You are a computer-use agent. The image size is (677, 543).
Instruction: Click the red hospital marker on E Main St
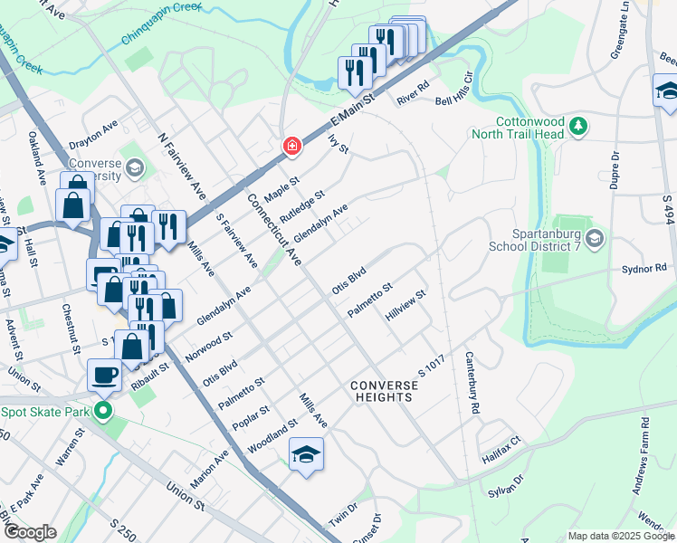(x=291, y=145)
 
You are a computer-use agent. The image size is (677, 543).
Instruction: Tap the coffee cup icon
(x=104, y=374)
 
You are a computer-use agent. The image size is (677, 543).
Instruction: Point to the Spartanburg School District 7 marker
(x=595, y=238)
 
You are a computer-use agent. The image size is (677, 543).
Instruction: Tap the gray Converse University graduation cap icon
(x=134, y=167)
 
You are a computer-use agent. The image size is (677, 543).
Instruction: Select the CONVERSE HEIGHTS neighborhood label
(x=385, y=391)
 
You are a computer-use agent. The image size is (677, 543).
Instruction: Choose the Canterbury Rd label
(x=472, y=384)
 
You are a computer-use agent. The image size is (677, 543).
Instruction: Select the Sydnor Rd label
(x=644, y=270)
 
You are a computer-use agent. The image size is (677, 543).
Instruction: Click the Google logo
(x=30, y=532)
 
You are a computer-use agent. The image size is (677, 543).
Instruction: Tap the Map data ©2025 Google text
(x=620, y=536)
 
